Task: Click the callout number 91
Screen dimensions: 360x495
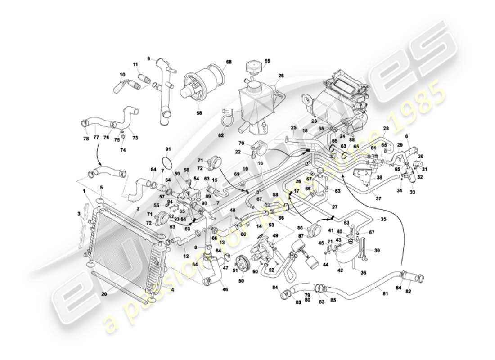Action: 168,149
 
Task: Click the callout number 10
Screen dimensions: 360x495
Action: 122,75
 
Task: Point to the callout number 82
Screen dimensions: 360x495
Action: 408,292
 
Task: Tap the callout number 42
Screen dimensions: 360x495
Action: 340,270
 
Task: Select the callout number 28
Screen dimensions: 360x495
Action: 386,129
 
